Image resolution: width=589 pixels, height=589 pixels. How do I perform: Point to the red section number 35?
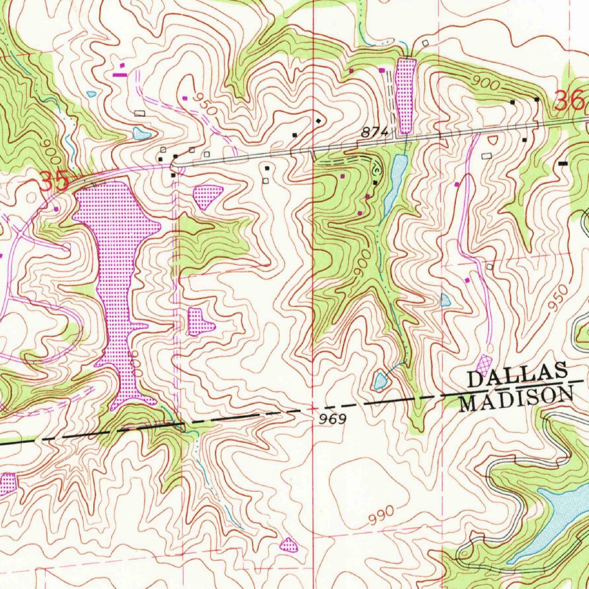point(54,181)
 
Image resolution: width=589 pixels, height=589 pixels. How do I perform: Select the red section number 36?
point(569,102)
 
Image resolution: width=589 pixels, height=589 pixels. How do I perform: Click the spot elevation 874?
point(376,133)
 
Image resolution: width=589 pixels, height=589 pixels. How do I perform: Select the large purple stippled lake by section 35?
point(115,270)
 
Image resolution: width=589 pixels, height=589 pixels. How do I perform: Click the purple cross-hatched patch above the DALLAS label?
point(485,363)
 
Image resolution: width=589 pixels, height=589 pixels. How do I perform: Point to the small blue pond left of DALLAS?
point(380,380)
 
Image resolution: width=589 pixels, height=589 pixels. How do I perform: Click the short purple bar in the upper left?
point(120,74)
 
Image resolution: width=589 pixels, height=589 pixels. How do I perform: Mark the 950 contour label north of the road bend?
point(204,104)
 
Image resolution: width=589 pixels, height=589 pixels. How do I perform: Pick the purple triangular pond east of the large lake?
point(208,196)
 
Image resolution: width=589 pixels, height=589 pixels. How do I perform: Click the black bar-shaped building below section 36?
point(563,163)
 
